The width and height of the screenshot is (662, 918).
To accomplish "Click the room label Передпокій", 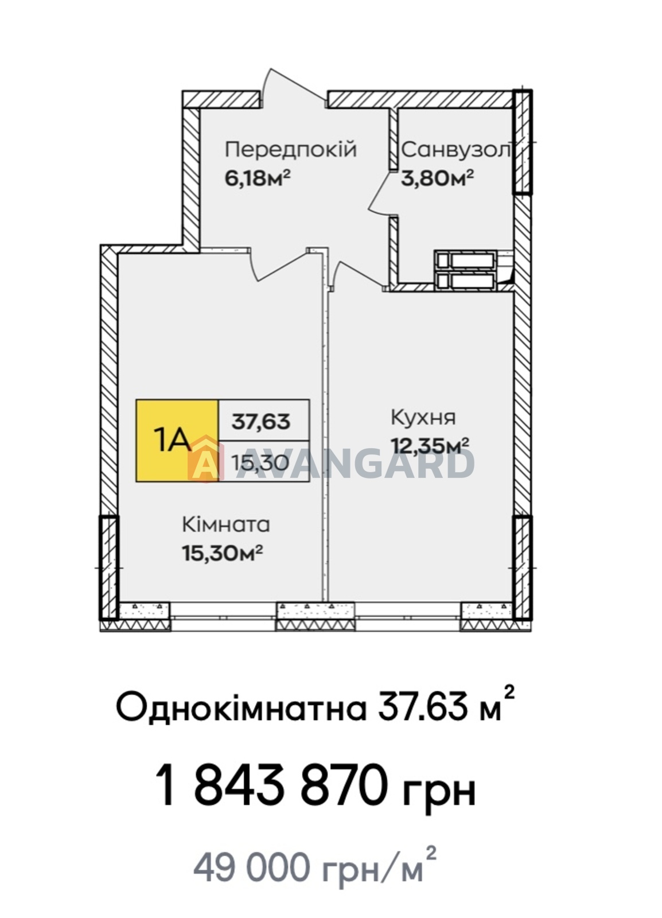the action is (291, 150).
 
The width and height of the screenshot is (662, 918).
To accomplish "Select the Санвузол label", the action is (456, 150).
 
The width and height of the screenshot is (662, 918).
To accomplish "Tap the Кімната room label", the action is (226, 524).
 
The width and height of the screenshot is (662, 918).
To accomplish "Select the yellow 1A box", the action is (177, 440).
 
